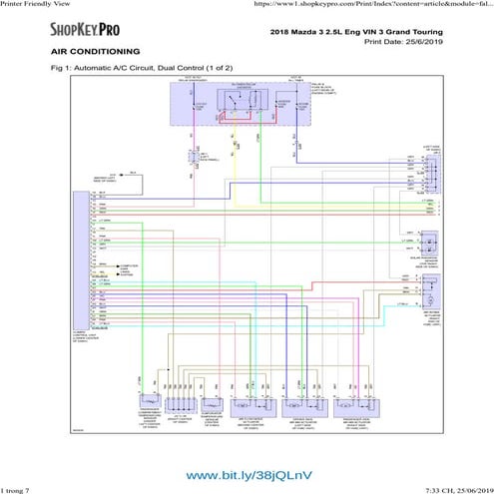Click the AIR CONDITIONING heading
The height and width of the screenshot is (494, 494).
tap(95, 51)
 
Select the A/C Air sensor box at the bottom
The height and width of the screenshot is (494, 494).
tap(181, 405)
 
